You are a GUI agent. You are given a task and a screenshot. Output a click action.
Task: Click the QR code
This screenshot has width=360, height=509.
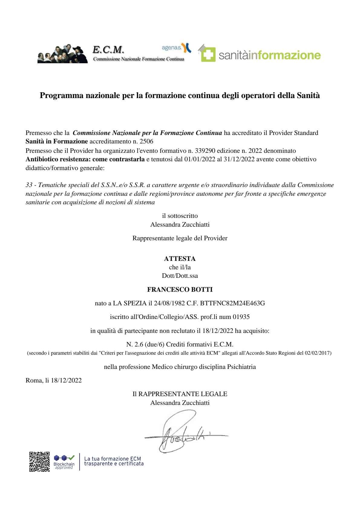(39, 461)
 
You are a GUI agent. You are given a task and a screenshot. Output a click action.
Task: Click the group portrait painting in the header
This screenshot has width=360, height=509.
(63, 54)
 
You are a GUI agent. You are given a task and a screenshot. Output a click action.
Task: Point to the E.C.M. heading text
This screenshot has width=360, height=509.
(108, 49)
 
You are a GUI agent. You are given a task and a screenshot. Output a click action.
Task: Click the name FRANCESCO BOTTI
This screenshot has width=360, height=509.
(180, 290)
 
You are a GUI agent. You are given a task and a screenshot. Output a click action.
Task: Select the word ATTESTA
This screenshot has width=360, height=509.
(180, 259)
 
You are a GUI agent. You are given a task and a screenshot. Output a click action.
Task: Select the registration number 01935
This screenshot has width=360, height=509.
(241, 317)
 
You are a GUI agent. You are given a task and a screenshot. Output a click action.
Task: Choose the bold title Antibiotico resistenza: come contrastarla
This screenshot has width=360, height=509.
(85, 159)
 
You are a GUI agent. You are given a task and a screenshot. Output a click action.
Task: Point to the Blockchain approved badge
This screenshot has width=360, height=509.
(64, 462)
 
